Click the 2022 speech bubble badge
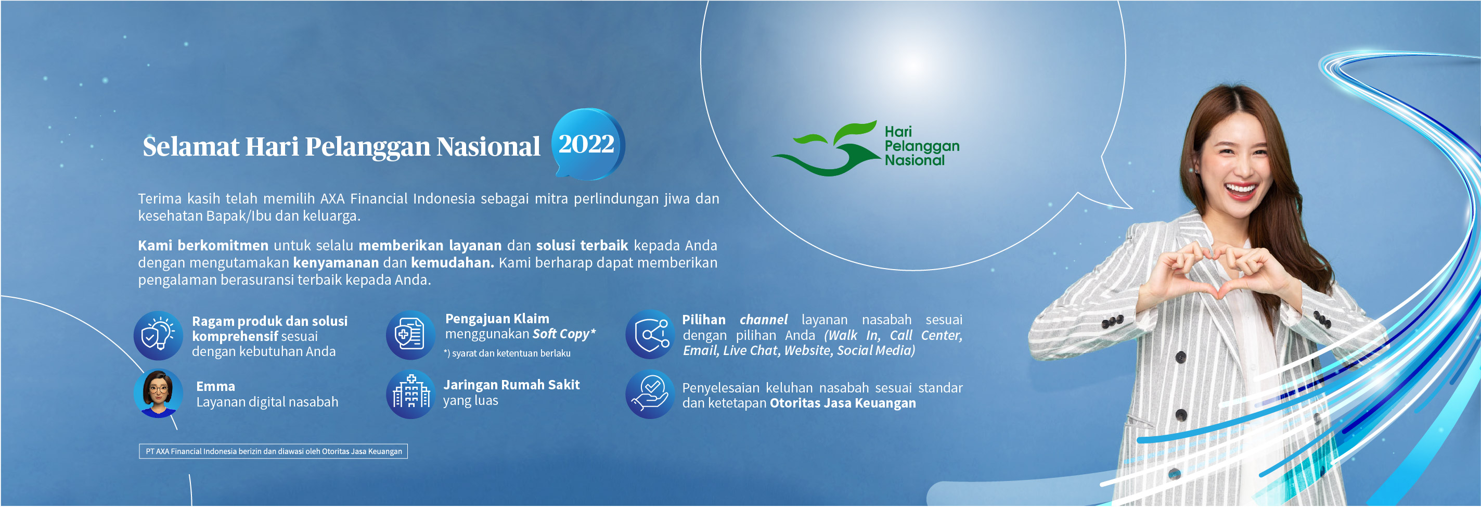point(588,144)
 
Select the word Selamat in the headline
point(191,146)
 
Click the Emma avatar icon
point(158,394)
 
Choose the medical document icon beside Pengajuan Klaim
point(410,335)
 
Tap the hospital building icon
point(410,394)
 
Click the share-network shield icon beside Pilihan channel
point(650,334)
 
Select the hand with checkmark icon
point(650,394)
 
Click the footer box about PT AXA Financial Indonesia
point(273,451)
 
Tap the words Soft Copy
point(561,334)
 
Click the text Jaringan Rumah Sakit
point(511,385)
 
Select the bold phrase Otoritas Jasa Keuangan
point(843,403)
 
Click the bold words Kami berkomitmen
point(203,245)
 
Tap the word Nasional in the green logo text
point(914,160)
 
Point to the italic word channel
point(764,320)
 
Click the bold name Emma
point(215,386)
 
